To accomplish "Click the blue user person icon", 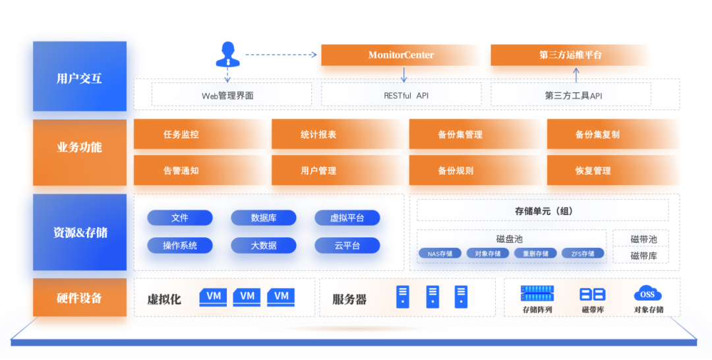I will pos(228,54).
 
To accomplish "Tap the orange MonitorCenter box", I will pos(400,55).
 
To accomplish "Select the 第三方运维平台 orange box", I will pos(570,55).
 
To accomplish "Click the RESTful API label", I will pos(405,96).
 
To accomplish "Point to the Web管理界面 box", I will pos(231,95).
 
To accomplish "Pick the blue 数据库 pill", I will pos(264,218).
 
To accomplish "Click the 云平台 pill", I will pos(347,245).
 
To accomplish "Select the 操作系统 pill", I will pos(180,245).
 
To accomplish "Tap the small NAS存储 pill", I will pos(440,253).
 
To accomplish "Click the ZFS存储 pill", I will pos(583,253).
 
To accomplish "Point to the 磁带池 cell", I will pos(643,239).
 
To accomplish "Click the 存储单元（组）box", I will pos(543,210).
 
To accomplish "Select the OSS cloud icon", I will pos(647,294).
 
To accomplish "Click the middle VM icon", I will pos(247,297).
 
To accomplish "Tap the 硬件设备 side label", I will pos(79,298).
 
